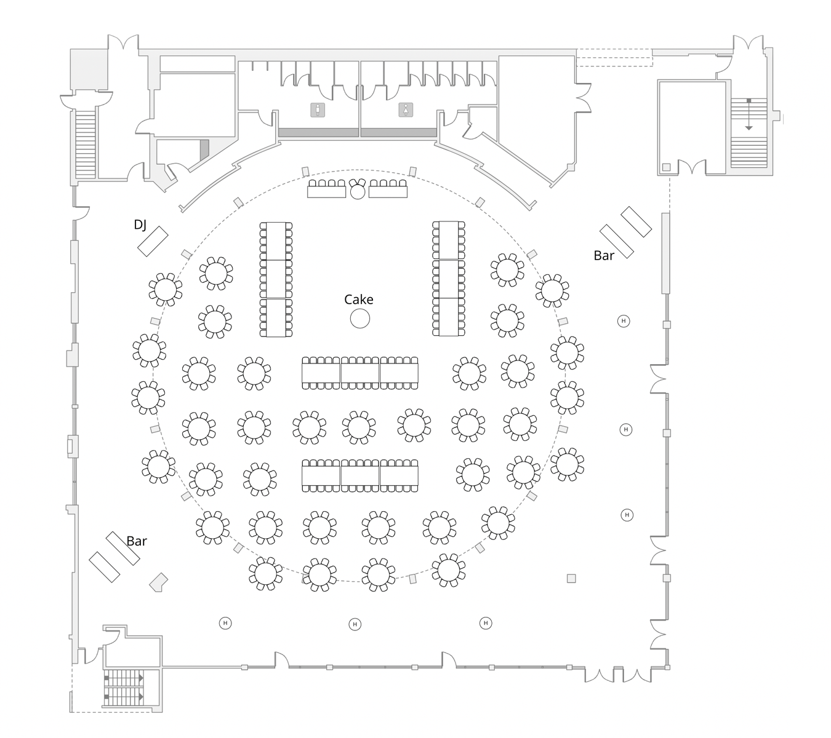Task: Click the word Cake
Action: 358,300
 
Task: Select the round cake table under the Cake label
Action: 359,319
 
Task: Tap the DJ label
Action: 140,225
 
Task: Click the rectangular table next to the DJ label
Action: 153,241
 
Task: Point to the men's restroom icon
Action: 317,110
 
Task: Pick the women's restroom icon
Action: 405,109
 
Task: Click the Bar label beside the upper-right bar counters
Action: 604,256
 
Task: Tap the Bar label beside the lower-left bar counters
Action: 137,541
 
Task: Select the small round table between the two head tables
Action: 358,191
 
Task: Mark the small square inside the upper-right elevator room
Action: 666,167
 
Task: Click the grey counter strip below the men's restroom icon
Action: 318,132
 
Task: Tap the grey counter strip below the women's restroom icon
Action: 398,132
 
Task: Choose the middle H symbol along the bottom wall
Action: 355,624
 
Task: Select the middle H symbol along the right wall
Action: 626,429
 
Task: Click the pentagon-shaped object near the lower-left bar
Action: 159,582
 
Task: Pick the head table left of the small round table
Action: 327,192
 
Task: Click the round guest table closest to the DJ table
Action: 165,288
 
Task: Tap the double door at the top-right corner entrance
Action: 748,44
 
